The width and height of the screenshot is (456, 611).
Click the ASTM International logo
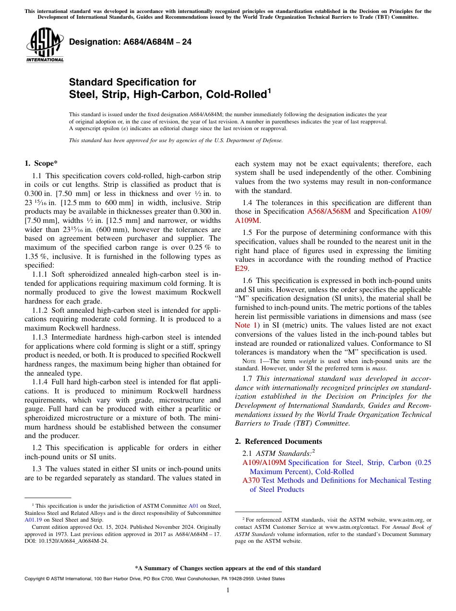[x=45, y=46]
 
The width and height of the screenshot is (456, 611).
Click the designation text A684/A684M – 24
[x=130, y=42]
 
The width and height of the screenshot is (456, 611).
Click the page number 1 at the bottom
[x=228, y=590]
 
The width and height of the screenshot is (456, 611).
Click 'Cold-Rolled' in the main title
[x=236, y=95]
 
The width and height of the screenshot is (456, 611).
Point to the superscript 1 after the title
[x=269, y=91]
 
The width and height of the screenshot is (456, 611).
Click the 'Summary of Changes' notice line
[x=228, y=568]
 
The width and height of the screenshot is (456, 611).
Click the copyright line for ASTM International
[x=154, y=579]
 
